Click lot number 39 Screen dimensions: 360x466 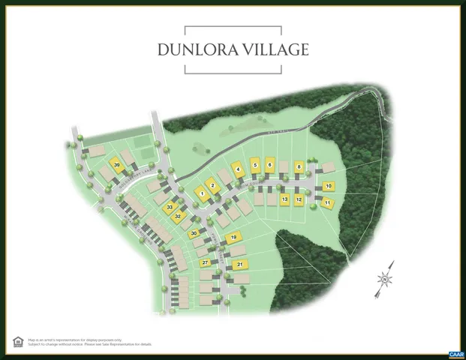coord(116,165)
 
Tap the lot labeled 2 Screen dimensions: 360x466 coord(213,185)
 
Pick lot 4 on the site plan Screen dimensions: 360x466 coord(238,169)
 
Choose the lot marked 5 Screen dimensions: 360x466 coord(256,165)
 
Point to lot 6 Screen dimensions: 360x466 coord(270,164)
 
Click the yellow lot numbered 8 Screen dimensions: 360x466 coord(299,166)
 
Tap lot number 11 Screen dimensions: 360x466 coord(328,202)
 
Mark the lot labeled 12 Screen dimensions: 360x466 coord(299,199)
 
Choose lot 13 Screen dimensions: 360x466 coord(284,199)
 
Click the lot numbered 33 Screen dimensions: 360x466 coord(170,206)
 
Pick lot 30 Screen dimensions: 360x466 coord(194,234)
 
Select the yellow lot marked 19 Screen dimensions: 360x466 coord(234,237)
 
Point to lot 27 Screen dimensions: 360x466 coord(204,262)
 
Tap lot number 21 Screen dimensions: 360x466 coord(239,265)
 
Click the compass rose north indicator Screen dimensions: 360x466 coord(384,280)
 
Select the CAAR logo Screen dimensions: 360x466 coord(455,354)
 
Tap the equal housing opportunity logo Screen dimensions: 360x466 coord(17,342)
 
